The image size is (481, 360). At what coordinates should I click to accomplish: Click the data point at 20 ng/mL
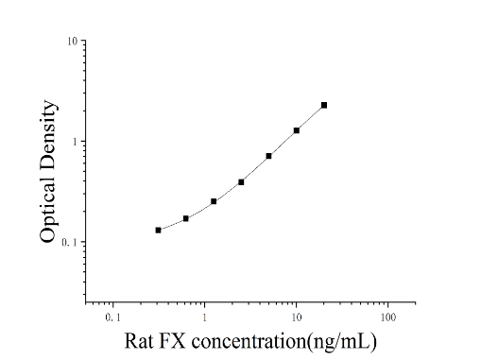(x=324, y=105)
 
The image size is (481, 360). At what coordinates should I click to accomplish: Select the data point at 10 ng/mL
(x=297, y=130)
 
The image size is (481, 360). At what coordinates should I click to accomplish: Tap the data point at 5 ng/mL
(x=268, y=156)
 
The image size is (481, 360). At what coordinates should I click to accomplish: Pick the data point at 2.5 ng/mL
(x=241, y=182)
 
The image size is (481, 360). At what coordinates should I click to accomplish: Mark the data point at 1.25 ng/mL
(x=214, y=201)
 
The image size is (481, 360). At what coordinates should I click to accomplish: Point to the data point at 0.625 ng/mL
(x=186, y=218)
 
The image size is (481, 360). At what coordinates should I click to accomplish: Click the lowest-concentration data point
(x=158, y=231)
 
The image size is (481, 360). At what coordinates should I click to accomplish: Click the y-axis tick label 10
(x=72, y=41)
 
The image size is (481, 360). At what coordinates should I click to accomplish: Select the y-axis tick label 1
(x=75, y=142)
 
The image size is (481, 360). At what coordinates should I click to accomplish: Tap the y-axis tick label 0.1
(x=69, y=242)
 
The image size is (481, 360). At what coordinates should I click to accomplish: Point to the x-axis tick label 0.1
(x=112, y=317)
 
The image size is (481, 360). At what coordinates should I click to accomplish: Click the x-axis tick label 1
(x=204, y=317)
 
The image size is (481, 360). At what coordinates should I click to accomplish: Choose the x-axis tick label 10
(x=297, y=317)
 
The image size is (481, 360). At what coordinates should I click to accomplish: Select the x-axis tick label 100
(x=387, y=317)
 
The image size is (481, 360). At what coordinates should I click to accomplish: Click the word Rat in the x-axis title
(x=138, y=341)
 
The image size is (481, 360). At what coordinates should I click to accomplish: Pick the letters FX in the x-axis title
(x=172, y=341)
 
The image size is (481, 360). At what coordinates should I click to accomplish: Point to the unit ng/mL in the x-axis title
(x=342, y=342)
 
